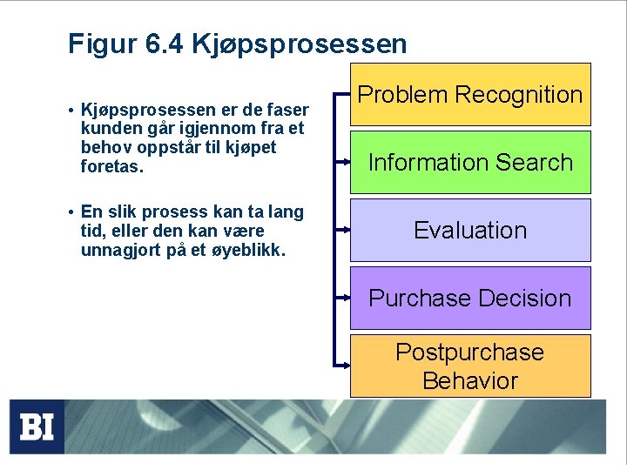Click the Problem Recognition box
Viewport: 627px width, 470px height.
[x=470, y=94]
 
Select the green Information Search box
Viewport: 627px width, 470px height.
[x=470, y=162]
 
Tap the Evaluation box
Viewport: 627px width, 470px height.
[x=470, y=230]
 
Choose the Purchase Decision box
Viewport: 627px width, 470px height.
[x=470, y=298]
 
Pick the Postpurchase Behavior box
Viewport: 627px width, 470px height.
[x=470, y=366]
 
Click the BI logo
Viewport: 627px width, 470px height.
[x=37, y=426]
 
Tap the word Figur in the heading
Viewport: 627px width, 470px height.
[x=98, y=44]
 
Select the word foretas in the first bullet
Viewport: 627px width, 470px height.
[x=110, y=165]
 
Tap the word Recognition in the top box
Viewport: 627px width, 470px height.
[x=521, y=94]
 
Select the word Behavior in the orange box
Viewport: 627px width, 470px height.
[x=470, y=380]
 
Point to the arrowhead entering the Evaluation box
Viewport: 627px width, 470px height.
[x=347, y=231]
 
